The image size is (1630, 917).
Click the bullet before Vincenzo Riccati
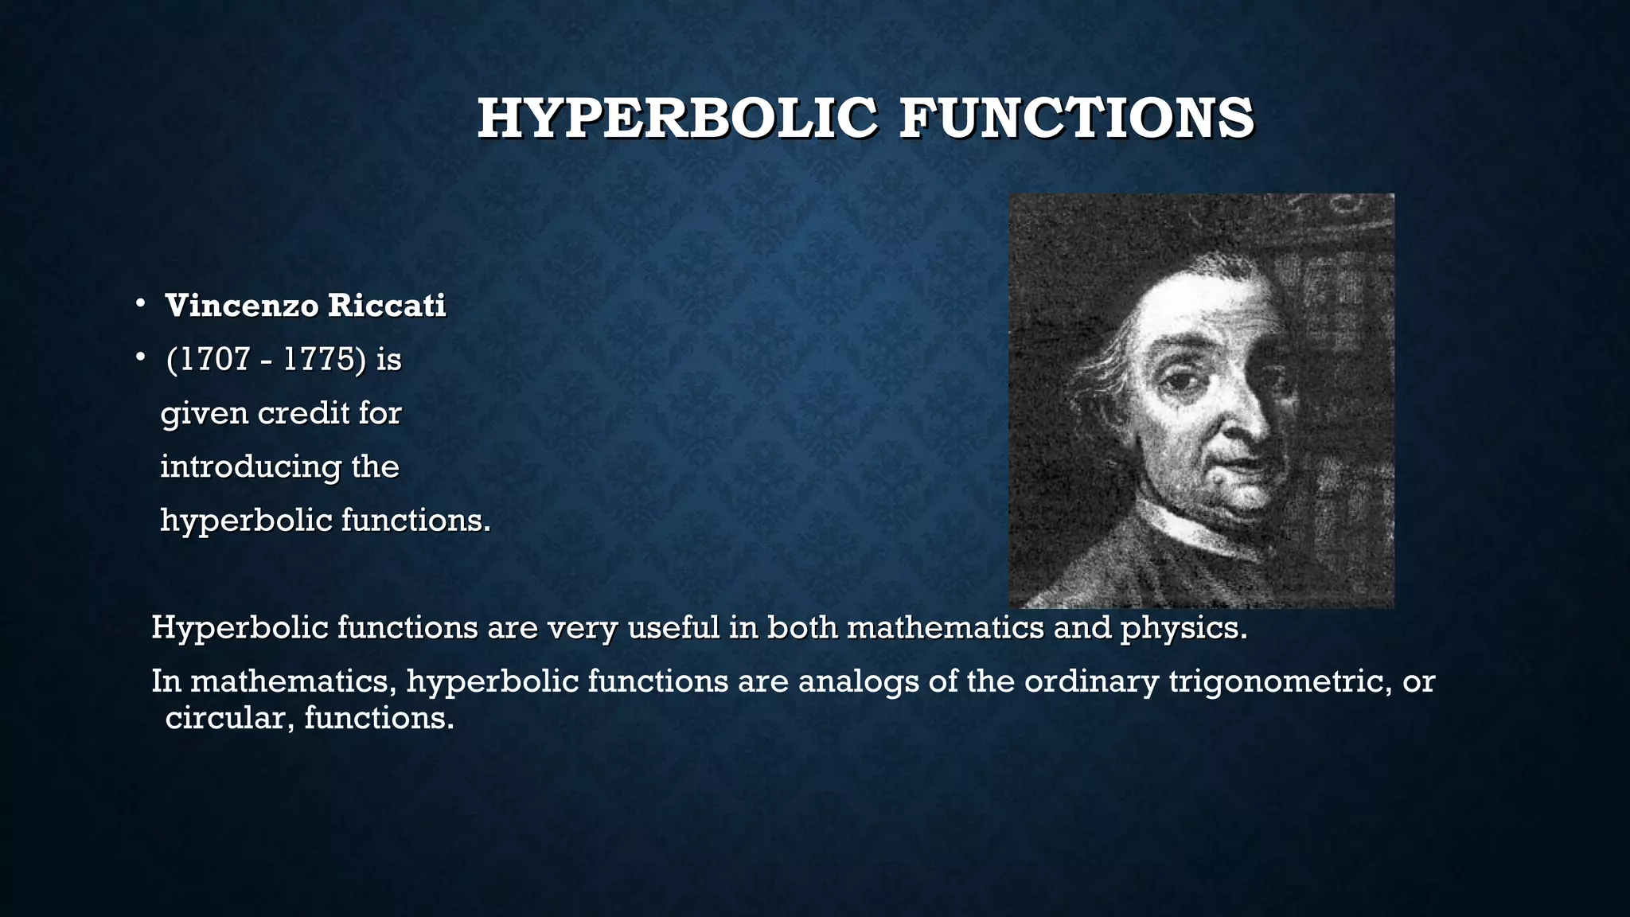click(139, 304)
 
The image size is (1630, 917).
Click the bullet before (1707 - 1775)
click(139, 358)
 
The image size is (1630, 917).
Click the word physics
click(1183, 628)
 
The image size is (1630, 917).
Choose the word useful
click(673, 628)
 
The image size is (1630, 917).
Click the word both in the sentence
click(802, 628)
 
